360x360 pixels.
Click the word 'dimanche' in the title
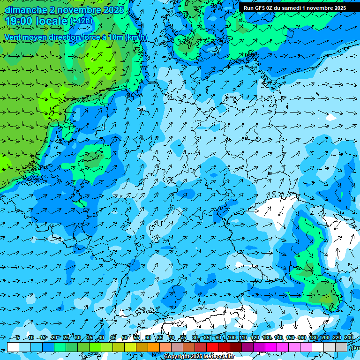(26, 10)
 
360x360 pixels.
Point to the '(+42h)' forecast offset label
(81, 21)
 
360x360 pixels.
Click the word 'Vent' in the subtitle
(14, 37)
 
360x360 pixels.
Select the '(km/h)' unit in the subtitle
(136, 37)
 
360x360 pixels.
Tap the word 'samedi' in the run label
(291, 8)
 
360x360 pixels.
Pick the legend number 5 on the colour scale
(17, 338)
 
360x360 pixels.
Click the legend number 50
(125, 338)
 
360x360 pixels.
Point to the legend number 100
(231, 338)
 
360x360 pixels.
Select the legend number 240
(349, 338)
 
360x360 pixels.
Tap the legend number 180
(313, 338)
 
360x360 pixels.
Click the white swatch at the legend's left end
(13, 347)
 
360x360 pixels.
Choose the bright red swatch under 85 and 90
(212, 347)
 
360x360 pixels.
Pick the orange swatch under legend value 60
(154, 347)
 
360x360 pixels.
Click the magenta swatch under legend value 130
(271, 347)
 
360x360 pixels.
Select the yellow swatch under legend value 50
(130, 347)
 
